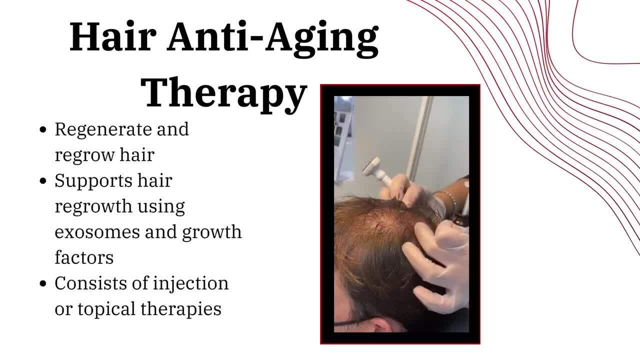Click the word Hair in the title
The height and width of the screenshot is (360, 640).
coord(113,36)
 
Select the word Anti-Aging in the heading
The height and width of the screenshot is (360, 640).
coord(273,39)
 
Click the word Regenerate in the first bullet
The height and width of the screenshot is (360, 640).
coord(103,130)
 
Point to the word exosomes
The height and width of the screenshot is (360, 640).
coord(97,232)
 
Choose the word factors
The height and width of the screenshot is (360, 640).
coord(84,257)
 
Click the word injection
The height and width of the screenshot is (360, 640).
coord(191,283)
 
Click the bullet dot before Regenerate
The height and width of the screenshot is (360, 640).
coord(43,129)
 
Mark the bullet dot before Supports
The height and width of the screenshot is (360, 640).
coord(43,181)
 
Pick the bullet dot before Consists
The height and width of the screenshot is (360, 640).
coord(43,283)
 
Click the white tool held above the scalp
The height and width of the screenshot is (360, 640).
coord(375,172)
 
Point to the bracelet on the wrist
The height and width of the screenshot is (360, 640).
coord(451,200)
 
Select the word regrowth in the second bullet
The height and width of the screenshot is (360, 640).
coord(93,207)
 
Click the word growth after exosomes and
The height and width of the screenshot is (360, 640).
coord(212,232)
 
